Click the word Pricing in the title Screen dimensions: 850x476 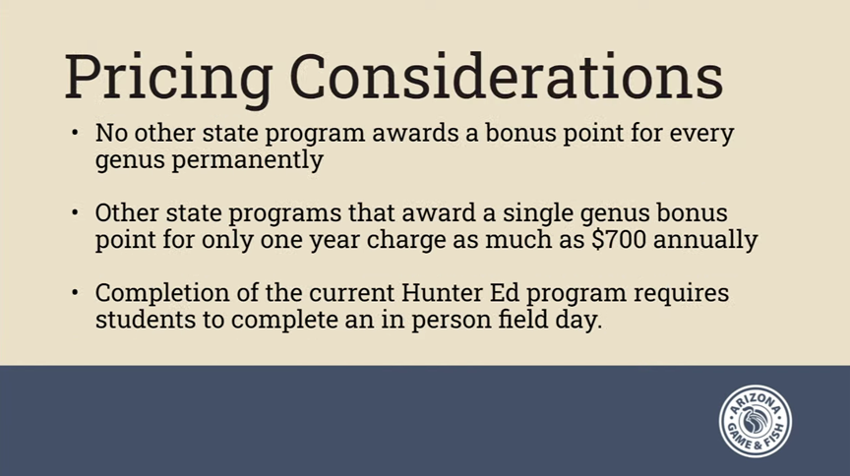point(168,79)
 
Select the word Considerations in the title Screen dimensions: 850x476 point(507,76)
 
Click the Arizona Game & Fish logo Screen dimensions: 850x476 point(756,421)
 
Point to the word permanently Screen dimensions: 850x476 point(247,161)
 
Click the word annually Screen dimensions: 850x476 point(705,241)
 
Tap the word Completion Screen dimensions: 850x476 point(162,294)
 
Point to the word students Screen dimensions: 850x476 point(146,319)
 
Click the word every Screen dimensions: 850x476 point(701,135)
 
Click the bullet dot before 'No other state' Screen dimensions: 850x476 point(75,133)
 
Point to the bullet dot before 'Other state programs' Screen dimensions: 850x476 point(75,212)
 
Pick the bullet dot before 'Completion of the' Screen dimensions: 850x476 point(75,293)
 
